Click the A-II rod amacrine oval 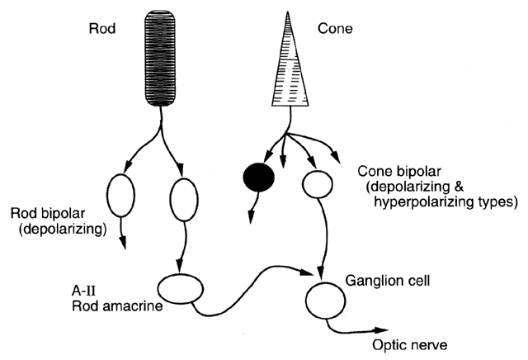point(180,290)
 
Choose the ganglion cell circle point(324,295)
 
